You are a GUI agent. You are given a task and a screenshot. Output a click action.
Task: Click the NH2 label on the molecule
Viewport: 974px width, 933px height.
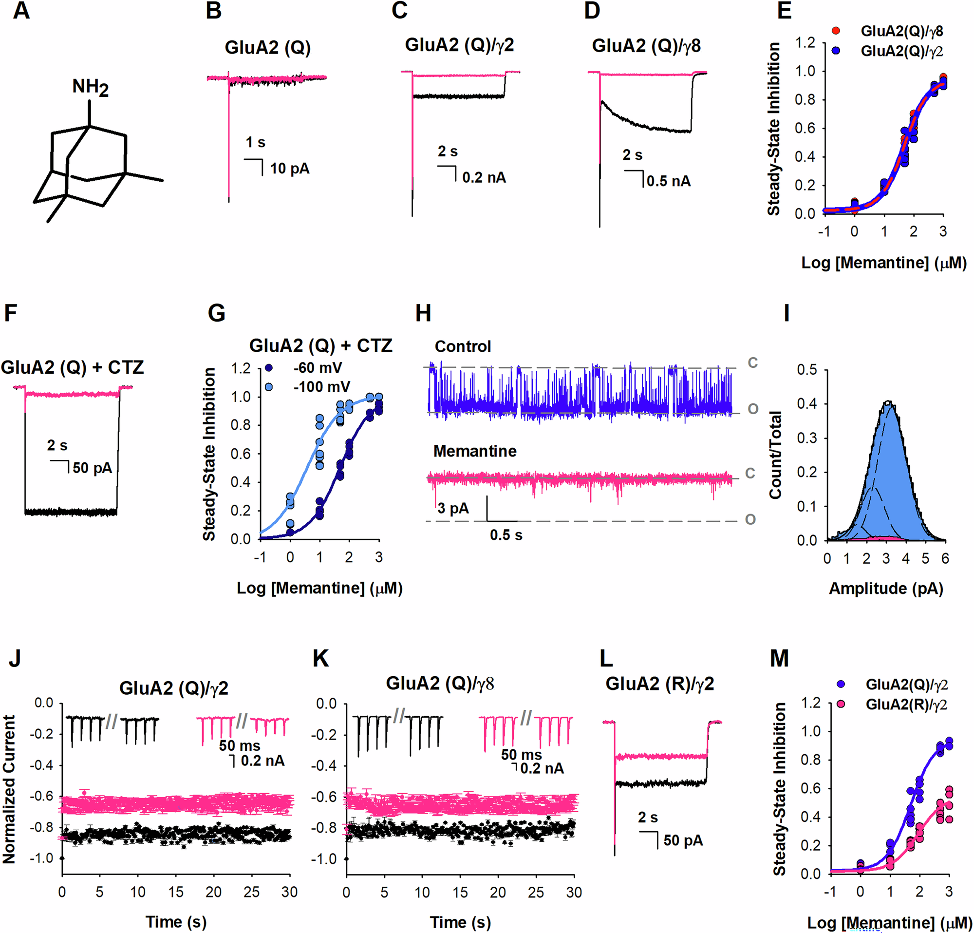(90, 87)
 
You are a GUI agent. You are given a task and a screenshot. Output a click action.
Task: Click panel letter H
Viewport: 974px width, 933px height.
(423, 314)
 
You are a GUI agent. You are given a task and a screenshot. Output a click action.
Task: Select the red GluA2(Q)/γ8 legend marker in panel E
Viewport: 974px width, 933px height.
(836, 31)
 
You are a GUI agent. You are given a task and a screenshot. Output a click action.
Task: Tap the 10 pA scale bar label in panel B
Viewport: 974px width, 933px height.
(290, 169)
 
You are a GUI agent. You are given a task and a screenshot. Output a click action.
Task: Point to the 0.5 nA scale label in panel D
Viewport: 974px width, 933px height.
(668, 181)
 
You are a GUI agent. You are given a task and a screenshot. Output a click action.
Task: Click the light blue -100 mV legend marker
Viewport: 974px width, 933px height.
(269, 387)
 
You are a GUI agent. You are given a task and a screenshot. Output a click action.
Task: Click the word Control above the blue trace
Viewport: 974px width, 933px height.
(463, 346)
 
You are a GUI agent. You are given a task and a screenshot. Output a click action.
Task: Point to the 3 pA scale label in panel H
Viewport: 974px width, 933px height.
(453, 509)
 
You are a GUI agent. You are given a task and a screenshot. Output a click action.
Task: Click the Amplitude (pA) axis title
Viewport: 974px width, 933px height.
(885, 589)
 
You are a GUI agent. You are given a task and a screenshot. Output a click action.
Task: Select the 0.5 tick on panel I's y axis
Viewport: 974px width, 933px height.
(807, 370)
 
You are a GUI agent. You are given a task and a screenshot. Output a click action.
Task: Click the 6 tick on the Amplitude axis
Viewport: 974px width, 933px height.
(945, 559)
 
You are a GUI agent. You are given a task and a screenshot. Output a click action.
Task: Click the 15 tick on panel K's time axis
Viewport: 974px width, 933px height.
(460, 892)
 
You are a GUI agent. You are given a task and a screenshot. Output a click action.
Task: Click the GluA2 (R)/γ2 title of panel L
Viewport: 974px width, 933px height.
(659, 684)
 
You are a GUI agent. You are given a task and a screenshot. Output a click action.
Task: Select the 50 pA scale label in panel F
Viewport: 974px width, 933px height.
(93, 468)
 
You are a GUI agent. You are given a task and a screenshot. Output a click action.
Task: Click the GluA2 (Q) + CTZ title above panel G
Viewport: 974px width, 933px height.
(320, 345)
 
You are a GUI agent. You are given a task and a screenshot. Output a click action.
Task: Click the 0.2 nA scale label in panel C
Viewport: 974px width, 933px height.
(484, 177)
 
